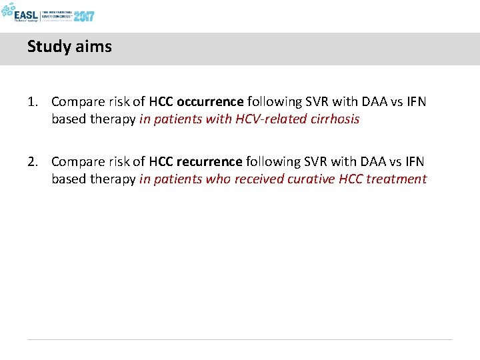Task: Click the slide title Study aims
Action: point(69,47)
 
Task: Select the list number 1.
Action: point(31,102)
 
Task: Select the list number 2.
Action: point(31,162)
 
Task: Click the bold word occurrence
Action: point(211,102)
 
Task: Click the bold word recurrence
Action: point(209,162)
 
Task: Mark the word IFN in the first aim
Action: point(415,102)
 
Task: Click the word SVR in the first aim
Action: point(321,102)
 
